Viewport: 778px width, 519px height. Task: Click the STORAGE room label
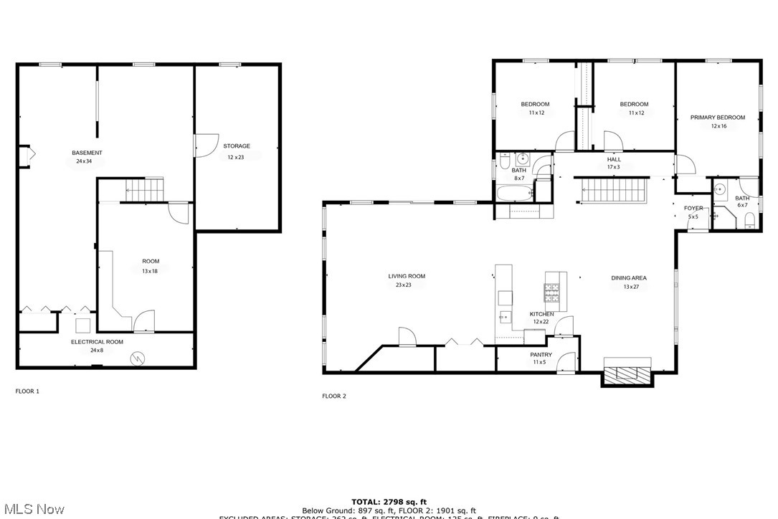pos(236,146)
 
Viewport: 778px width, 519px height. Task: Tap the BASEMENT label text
pos(87,153)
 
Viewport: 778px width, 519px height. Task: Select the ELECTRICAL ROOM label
pos(97,342)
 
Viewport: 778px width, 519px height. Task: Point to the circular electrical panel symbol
pos(137,356)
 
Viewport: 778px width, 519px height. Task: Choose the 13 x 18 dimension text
pos(151,271)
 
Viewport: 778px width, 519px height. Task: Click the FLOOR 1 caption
pos(27,391)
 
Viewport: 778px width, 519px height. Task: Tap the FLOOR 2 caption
pos(333,396)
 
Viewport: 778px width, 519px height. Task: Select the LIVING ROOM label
pos(407,276)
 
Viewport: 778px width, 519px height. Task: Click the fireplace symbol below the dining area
pos(628,373)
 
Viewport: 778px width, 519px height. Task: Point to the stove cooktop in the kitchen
pos(551,291)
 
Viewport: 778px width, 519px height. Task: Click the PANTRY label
pos(541,355)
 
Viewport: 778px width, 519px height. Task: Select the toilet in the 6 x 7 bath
pos(749,219)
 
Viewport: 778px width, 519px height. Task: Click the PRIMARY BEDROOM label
pos(717,118)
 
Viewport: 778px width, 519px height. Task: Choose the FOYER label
pos(693,208)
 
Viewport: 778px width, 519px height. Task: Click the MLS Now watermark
pos(32,509)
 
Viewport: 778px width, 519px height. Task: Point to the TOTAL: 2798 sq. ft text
pos(389,502)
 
